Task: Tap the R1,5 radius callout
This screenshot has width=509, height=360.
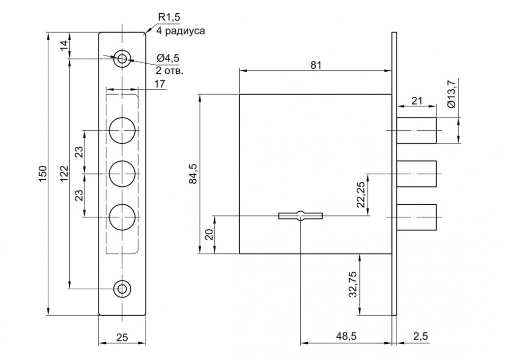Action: pos(168,18)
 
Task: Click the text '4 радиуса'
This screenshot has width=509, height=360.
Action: pos(181,31)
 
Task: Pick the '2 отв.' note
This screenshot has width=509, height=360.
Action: pos(169,70)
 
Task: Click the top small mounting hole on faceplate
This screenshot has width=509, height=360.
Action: pos(122,58)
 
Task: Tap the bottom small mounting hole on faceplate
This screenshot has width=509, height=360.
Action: pos(122,288)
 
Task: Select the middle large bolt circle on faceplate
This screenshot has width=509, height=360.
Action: pos(122,174)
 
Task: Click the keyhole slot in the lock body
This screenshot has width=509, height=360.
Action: pos(301,215)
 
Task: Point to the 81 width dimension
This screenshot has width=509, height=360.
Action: pos(316,65)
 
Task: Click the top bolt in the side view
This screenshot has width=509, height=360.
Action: pos(416,130)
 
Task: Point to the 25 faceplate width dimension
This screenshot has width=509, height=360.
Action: pos(122,337)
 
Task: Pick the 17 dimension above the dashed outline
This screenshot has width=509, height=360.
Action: pos(159,84)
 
